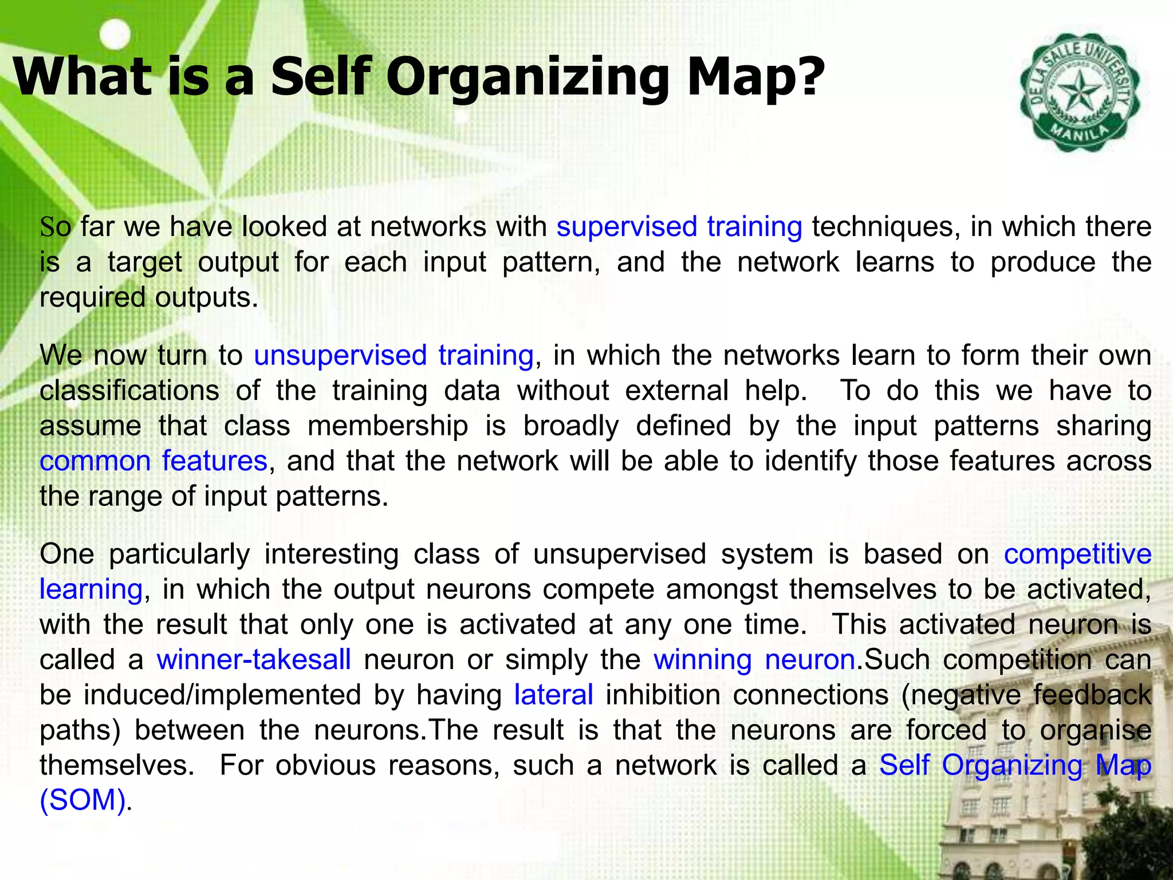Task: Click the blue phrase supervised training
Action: (x=679, y=226)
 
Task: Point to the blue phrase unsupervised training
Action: (x=393, y=355)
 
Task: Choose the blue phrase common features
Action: (x=153, y=461)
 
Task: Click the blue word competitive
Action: (x=1077, y=554)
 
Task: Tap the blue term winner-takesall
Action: (x=254, y=659)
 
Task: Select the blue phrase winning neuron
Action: (x=754, y=659)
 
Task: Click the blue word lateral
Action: (x=553, y=695)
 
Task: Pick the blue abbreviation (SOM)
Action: (x=82, y=800)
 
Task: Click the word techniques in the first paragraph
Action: (x=885, y=226)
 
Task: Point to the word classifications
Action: (x=129, y=391)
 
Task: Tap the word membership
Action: (x=388, y=426)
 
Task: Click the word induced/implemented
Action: (x=222, y=695)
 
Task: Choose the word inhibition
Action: (x=663, y=695)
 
